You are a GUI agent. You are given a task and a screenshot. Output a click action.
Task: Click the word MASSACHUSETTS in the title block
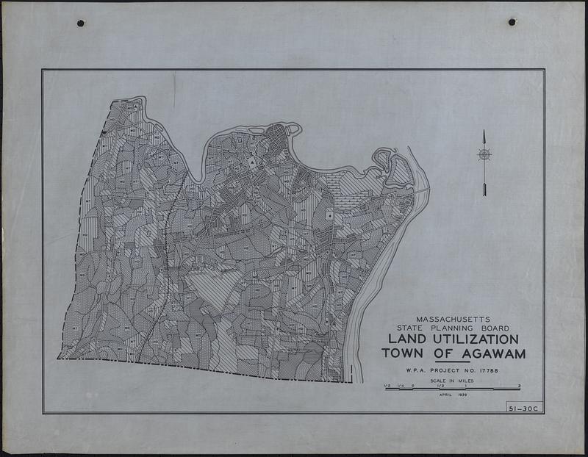click(x=448, y=320)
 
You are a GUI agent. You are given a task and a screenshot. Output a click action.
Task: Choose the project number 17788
click(x=490, y=371)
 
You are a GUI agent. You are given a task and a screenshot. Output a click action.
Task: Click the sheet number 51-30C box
click(x=523, y=409)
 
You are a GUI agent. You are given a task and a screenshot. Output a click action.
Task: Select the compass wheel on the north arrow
click(x=484, y=154)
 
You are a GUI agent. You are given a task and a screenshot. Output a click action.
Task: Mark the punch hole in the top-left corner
click(x=80, y=24)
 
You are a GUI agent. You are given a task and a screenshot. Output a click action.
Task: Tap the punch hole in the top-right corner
click(x=512, y=23)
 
